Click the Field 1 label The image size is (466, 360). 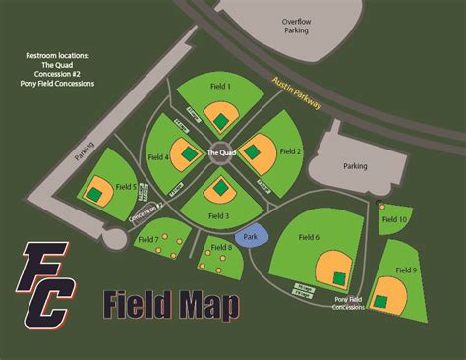[x=221, y=88]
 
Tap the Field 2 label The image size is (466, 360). [x=291, y=151]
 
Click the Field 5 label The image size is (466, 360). [x=126, y=186]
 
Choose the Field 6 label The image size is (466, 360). [x=309, y=237]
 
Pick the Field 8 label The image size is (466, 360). [x=222, y=247]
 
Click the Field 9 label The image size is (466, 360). [x=407, y=270]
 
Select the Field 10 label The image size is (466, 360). [x=394, y=219]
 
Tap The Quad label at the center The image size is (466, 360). [x=219, y=153]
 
